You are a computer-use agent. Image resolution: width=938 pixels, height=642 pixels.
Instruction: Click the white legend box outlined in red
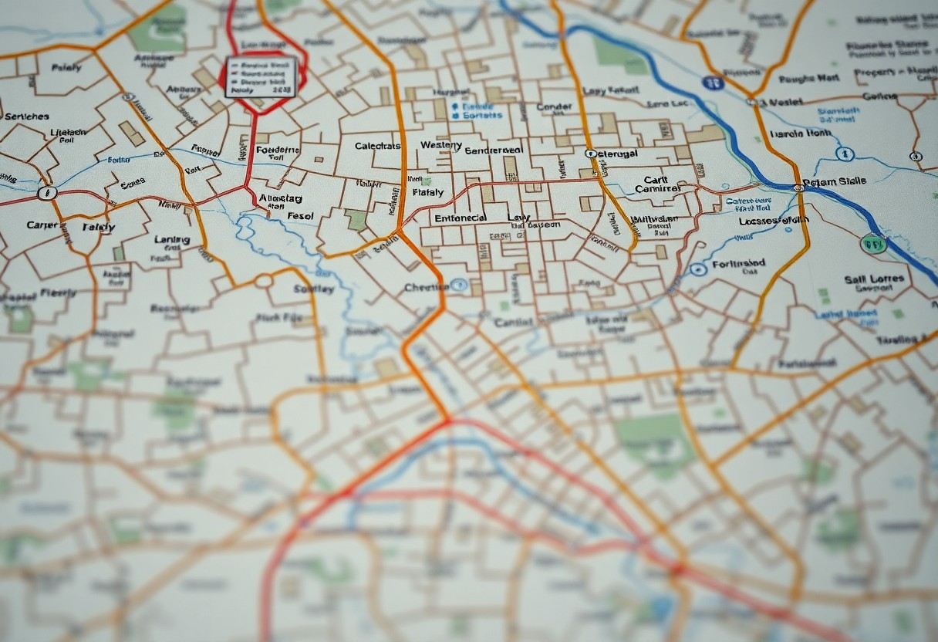click(261, 76)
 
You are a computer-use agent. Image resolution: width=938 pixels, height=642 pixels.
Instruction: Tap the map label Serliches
click(26, 117)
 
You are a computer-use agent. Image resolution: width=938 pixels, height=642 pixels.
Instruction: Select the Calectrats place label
click(378, 146)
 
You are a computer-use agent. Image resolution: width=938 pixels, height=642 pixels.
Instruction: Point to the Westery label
click(441, 145)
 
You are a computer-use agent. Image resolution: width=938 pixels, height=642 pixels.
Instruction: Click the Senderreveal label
click(494, 150)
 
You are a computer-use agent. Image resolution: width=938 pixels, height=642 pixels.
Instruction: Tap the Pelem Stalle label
click(834, 182)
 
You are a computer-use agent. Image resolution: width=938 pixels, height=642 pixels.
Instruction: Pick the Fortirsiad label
click(739, 263)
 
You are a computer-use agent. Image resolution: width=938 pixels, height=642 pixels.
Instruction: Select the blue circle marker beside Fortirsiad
click(698, 269)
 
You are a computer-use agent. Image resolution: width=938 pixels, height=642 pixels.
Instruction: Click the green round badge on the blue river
click(873, 245)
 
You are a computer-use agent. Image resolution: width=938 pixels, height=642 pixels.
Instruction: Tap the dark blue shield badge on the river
click(714, 83)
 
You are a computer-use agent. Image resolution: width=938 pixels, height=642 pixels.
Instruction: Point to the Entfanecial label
click(460, 218)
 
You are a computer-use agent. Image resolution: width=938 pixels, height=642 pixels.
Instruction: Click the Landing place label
click(172, 240)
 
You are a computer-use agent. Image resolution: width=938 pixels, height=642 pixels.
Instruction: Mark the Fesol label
click(300, 216)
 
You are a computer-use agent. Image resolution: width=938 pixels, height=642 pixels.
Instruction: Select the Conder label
click(554, 107)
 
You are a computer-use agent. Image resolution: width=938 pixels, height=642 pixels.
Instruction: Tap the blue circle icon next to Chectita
click(459, 286)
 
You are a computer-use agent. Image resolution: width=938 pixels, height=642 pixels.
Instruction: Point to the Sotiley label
click(314, 289)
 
